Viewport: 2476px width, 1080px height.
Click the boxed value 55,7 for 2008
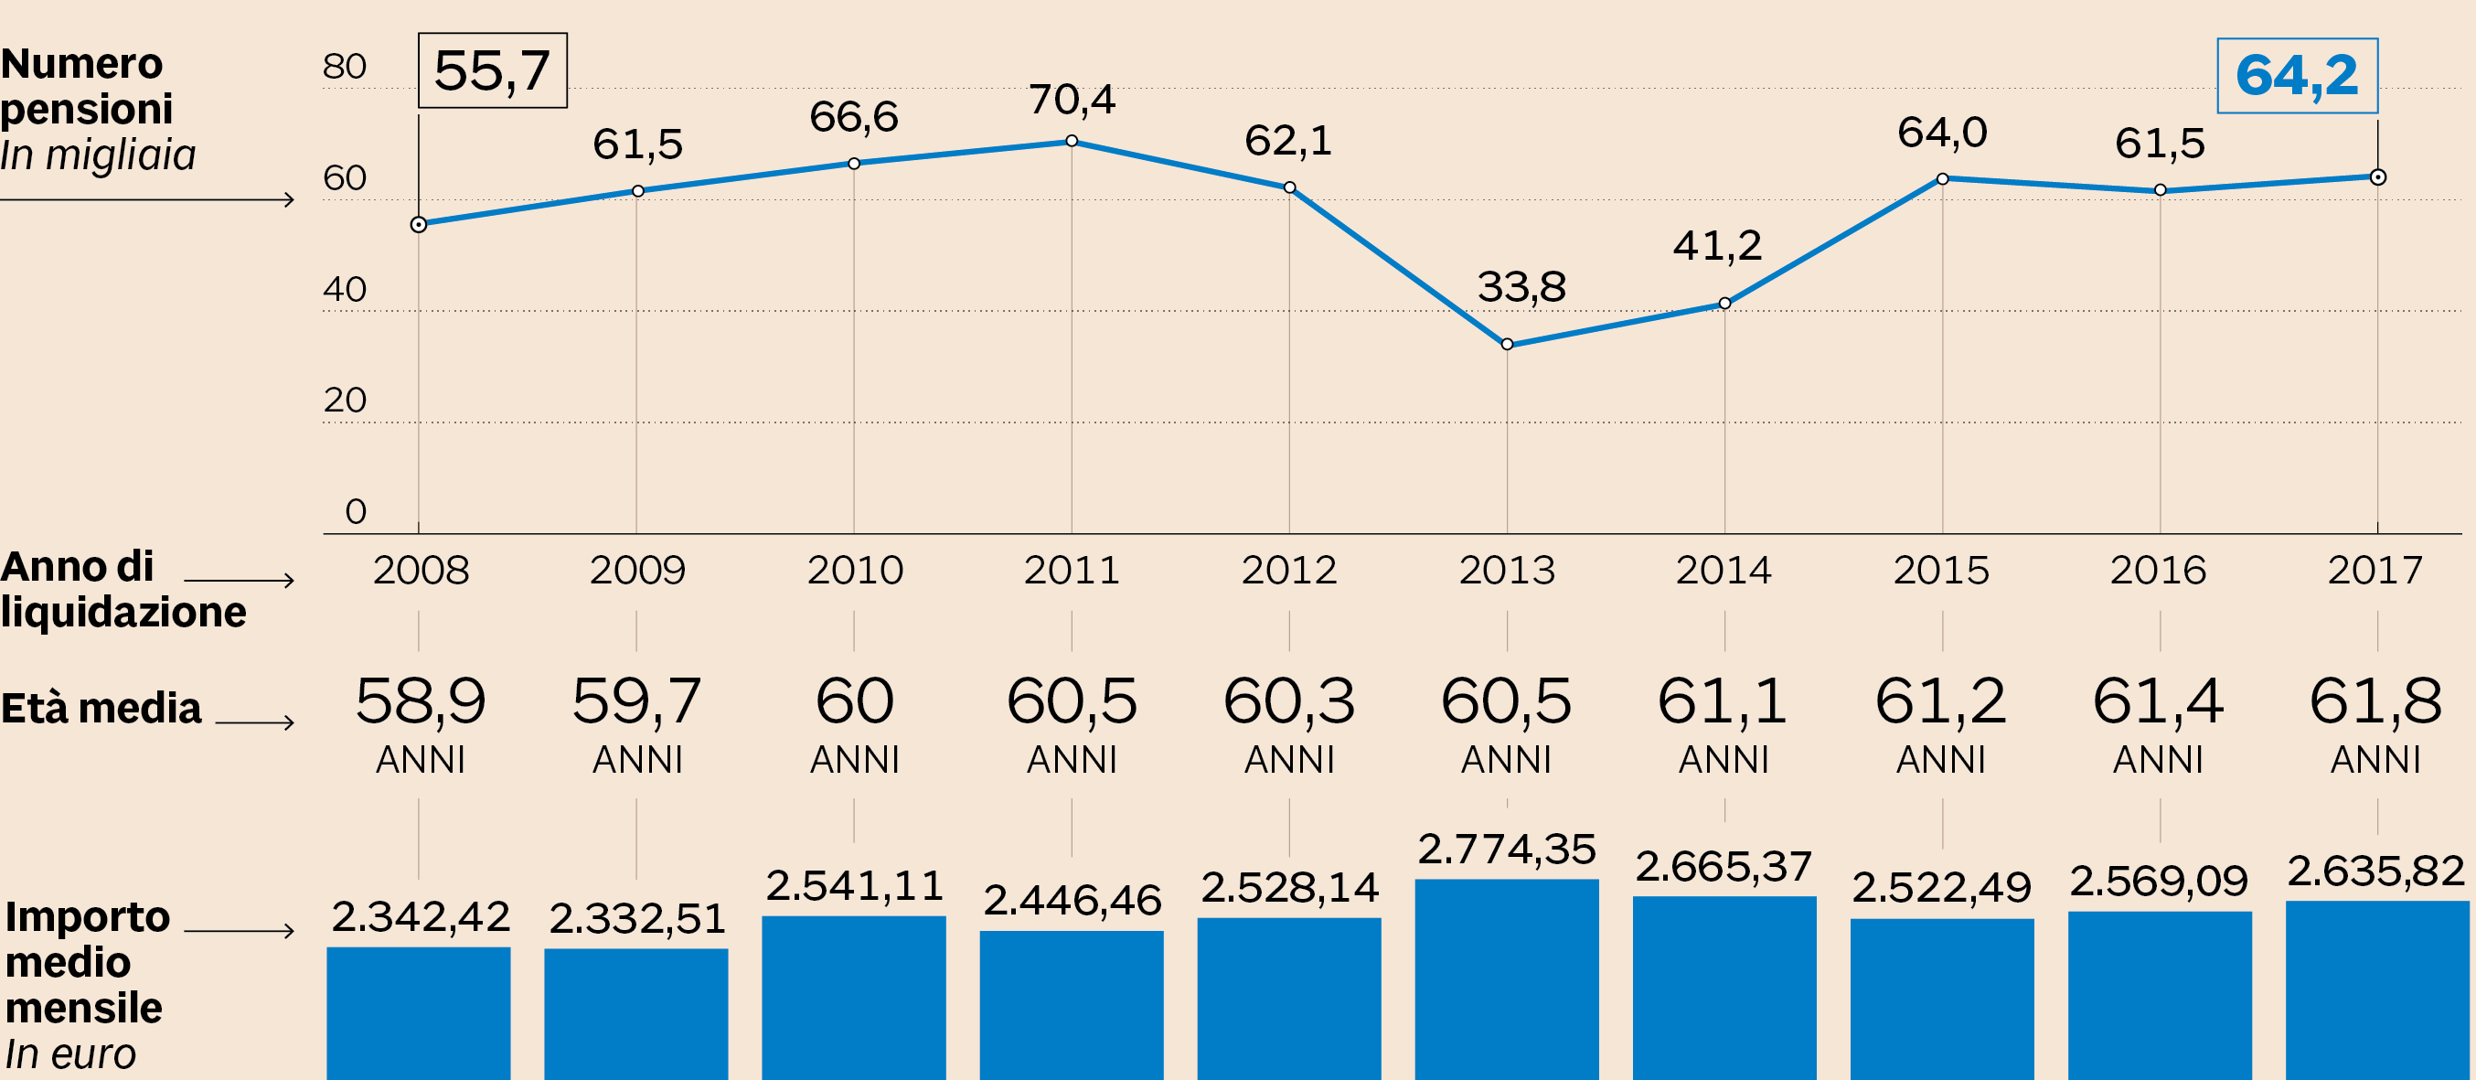click(492, 70)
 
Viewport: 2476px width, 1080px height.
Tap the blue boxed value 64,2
click(2296, 75)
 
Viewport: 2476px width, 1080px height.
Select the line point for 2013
click(1507, 344)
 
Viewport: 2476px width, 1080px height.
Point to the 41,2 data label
click(1718, 245)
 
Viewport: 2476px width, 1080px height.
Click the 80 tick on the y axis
click(344, 67)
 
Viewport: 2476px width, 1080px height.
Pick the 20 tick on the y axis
click(344, 400)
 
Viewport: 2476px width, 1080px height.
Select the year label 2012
click(1289, 571)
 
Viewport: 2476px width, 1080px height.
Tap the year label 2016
click(2158, 571)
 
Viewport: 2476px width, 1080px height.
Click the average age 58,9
click(420, 700)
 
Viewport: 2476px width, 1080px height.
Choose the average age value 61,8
click(2375, 700)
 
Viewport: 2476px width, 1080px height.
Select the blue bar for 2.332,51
click(636, 1013)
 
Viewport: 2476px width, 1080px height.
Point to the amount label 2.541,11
click(855, 886)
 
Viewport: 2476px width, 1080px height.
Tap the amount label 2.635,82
click(2375, 871)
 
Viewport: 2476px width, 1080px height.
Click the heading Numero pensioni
click(87, 87)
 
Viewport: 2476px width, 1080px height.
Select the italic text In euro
click(70, 1054)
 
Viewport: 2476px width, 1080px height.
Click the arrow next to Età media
click(254, 722)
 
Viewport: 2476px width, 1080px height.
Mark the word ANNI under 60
click(855, 760)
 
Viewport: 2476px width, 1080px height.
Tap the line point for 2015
click(1943, 179)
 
